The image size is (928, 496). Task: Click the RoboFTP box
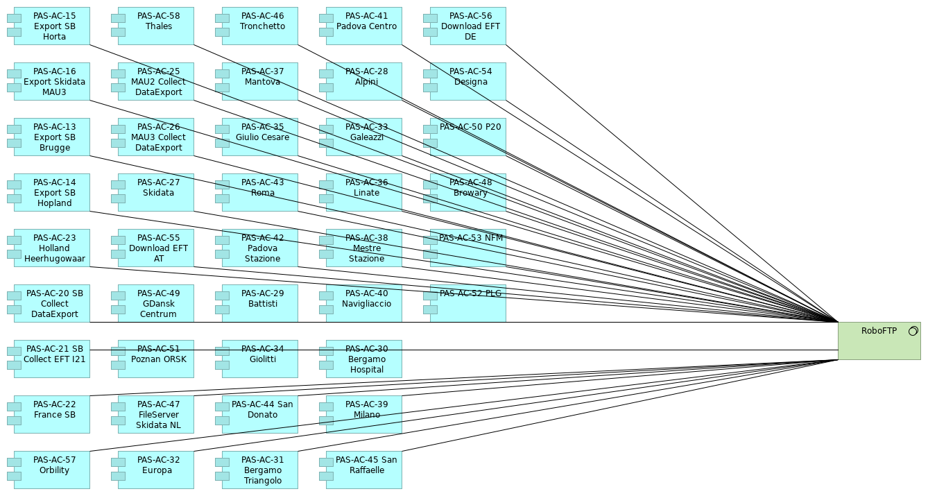pyautogui.click(x=879, y=341)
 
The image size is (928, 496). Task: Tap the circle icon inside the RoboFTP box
pyautogui.click(x=913, y=331)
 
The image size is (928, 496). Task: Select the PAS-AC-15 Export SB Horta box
pyautogui.click(x=52, y=26)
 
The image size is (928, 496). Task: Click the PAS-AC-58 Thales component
pyautogui.click(x=156, y=26)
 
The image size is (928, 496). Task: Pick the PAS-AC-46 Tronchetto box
pyautogui.click(x=260, y=26)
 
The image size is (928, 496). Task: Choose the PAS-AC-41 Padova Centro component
pyautogui.click(x=364, y=26)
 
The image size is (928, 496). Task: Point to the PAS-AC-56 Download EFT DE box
pyautogui.click(x=468, y=26)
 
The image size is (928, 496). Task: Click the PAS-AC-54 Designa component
pyautogui.click(x=468, y=82)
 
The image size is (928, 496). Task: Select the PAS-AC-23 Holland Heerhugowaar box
pyautogui.click(x=52, y=248)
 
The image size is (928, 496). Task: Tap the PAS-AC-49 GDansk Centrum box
pyautogui.click(x=156, y=304)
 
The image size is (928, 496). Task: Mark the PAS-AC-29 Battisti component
pyautogui.click(x=260, y=304)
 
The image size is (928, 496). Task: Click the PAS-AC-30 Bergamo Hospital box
pyautogui.click(x=364, y=359)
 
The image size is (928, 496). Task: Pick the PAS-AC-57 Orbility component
pyautogui.click(x=52, y=470)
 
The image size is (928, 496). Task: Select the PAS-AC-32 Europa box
pyautogui.click(x=156, y=470)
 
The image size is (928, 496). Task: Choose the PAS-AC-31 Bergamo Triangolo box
pyautogui.click(x=260, y=470)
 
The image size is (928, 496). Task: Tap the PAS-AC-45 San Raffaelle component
pyautogui.click(x=364, y=470)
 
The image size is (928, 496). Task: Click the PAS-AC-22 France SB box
pyautogui.click(x=52, y=415)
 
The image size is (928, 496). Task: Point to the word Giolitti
pyautogui.click(x=262, y=359)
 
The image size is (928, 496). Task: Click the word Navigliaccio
pyautogui.click(x=366, y=304)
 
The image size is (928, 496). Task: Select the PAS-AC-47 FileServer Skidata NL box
pyautogui.click(x=156, y=415)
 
